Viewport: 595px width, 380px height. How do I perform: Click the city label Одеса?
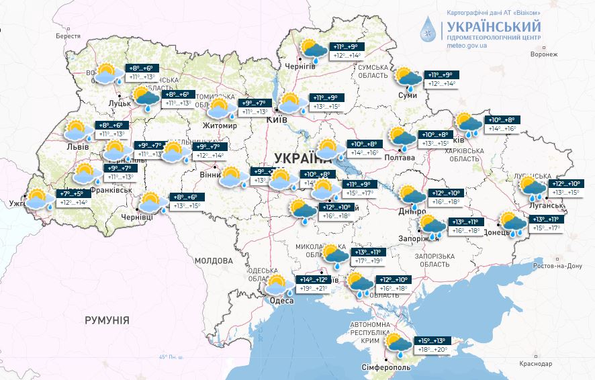281,301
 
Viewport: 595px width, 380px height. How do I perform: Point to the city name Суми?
407,95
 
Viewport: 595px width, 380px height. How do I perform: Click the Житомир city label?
220,126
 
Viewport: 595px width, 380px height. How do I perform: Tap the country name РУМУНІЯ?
107,320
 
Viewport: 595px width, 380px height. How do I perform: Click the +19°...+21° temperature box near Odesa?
314,289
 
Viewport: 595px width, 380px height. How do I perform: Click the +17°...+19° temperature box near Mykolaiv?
369,261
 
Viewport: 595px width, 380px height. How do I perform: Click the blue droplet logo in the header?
428,31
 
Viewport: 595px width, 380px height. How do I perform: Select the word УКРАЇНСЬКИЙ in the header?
492,26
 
